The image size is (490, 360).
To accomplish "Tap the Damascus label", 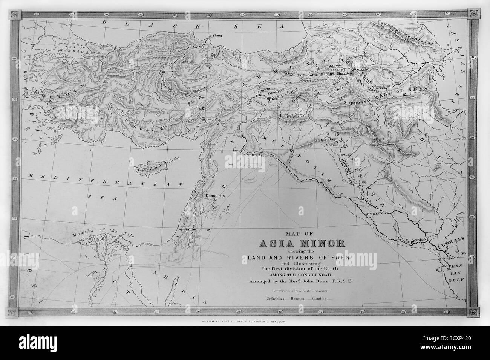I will [x=215, y=196].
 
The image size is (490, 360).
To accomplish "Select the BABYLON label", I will [x=374, y=213].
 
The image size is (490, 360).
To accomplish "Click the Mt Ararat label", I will [x=359, y=70].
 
